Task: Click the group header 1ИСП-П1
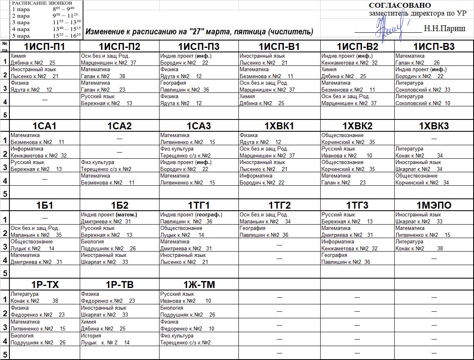point(45,47)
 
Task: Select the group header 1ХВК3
point(434,126)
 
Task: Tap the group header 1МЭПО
point(434,205)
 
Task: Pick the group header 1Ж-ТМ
point(199,285)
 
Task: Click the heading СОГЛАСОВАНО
point(400,5)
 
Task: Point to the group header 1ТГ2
point(279,205)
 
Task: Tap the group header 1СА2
point(119,126)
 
